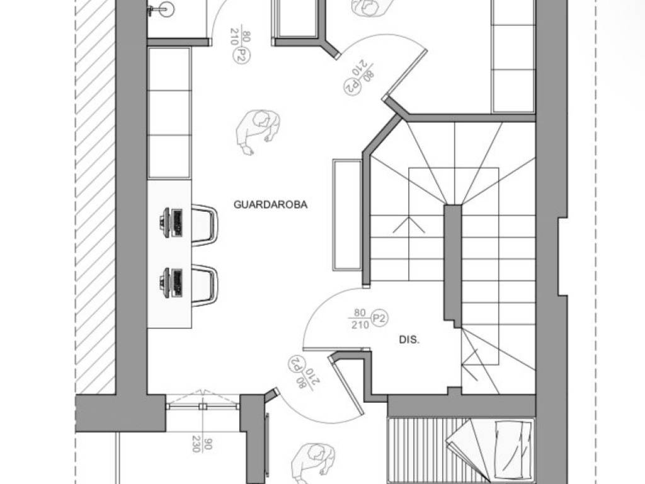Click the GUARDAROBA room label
click(x=270, y=205)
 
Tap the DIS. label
click(x=409, y=340)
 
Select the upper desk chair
click(x=205, y=225)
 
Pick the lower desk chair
click(x=205, y=285)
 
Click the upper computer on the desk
click(x=171, y=222)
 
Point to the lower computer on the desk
click(x=171, y=283)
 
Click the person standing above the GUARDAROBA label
click(x=258, y=132)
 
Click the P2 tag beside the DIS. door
click(x=379, y=318)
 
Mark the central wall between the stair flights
click(x=452, y=265)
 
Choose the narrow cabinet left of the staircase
click(x=347, y=215)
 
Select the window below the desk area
click(x=203, y=406)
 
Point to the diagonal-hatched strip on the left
click(x=94, y=197)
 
